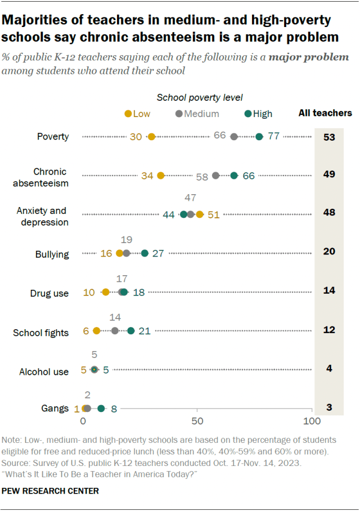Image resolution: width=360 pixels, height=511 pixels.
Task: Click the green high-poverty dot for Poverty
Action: click(259, 137)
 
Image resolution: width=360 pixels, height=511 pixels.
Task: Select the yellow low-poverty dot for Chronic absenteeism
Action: click(161, 176)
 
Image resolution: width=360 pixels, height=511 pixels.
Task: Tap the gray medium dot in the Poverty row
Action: click(234, 137)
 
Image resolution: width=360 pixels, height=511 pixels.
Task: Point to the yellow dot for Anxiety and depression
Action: click(200, 214)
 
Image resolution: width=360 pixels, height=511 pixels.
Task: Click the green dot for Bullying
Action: click(145, 253)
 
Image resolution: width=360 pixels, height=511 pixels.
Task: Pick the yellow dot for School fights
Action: click(97, 331)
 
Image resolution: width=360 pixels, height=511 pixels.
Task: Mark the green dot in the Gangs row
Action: click(101, 409)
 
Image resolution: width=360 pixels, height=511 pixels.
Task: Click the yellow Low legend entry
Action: click(137, 114)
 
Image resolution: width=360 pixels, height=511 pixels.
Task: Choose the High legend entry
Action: click(258, 114)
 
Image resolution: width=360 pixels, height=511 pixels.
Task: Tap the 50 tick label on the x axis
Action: click(197, 421)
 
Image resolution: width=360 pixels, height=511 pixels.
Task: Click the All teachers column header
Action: click(325, 113)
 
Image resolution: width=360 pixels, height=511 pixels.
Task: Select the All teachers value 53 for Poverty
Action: click(330, 137)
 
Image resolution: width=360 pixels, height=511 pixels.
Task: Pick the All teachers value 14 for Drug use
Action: click(330, 292)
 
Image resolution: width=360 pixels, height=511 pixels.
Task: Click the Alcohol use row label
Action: click(44, 371)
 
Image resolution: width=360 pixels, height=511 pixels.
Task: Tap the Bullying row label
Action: click(52, 254)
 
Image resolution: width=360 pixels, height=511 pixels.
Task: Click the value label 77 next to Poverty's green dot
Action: click(274, 137)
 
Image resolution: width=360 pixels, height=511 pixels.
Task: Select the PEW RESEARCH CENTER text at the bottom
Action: click(51, 491)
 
